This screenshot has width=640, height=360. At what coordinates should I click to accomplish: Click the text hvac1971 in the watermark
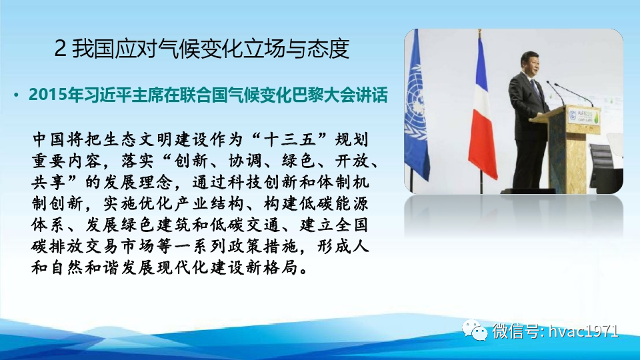[583, 331]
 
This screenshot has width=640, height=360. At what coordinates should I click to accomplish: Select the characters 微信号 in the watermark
[516, 331]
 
